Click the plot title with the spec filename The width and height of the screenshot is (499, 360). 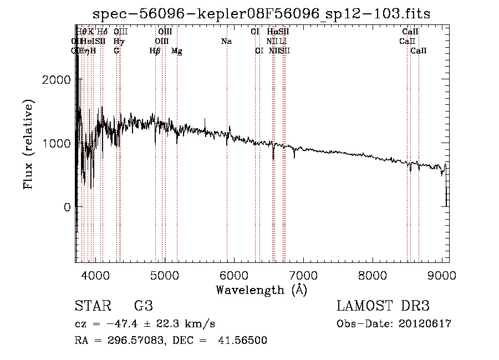(261, 13)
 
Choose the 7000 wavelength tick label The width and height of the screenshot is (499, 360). (303, 275)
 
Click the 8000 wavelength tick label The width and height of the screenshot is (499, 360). (372, 275)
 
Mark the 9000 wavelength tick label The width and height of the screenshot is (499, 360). (441, 275)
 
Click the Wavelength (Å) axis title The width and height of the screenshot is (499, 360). (261, 290)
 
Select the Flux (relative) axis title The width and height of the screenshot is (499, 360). (28, 144)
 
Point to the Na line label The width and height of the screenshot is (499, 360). (226, 41)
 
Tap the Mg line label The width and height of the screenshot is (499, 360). (176, 51)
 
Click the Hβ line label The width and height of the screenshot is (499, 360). (155, 51)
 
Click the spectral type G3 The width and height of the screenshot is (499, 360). (143, 306)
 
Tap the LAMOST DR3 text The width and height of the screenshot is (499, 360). (383, 306)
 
